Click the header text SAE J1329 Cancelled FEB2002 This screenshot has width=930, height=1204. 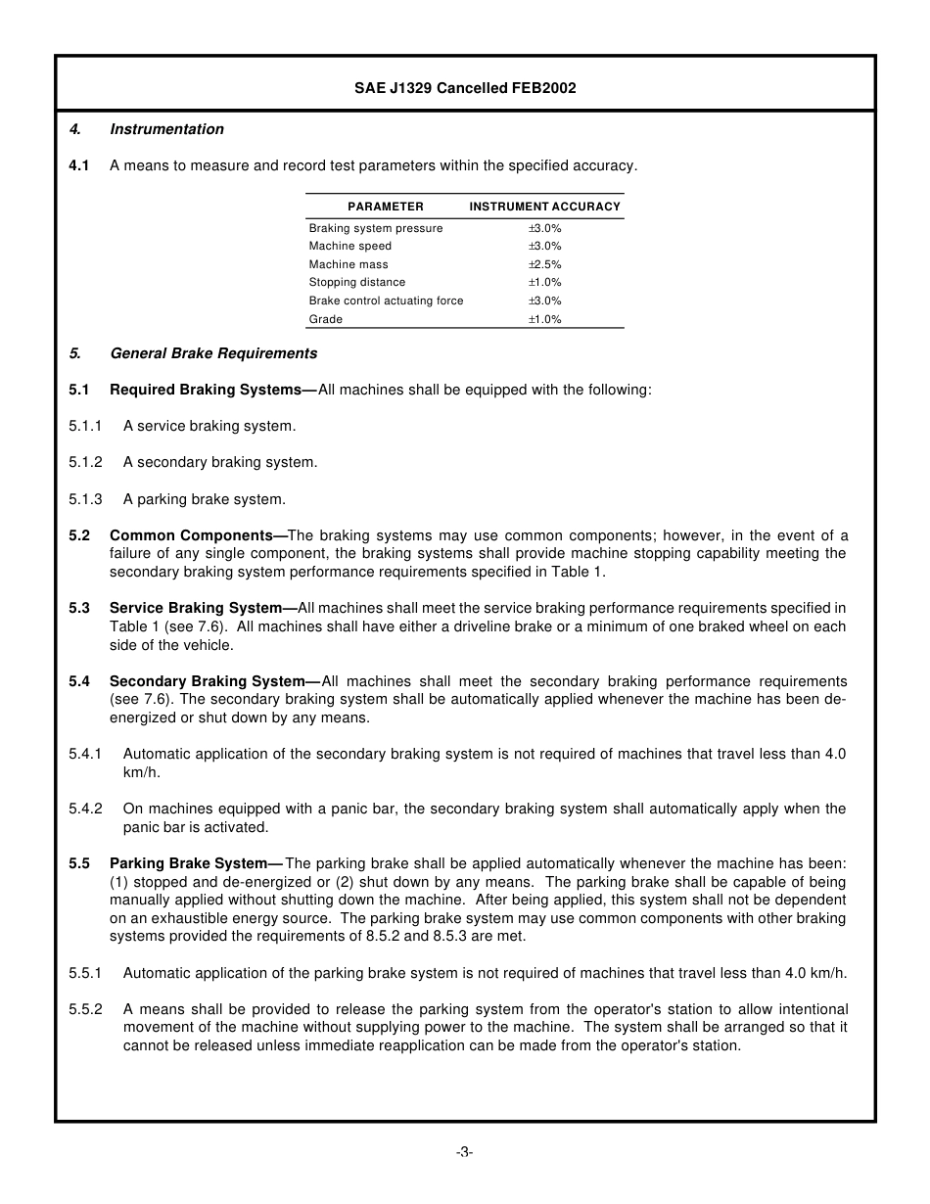(x=465, y=88)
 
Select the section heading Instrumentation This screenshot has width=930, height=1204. (x=166, y=129)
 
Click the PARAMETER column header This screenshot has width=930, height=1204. (x=386, y=207)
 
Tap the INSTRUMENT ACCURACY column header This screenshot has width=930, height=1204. (x=544, y=207)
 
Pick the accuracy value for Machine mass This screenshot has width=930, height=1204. (x=544, y=264)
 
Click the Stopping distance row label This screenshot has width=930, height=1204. (x=356, y=282)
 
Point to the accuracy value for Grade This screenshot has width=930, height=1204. (x=544, y=319)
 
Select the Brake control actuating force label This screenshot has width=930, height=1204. (x=386, y=301)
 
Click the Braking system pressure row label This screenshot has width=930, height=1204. (x=375, y=228)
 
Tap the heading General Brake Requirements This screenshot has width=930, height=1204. (x=213, y=353)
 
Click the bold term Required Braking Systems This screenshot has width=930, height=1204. (x=206, y=390)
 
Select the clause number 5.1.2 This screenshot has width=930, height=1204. (x=85, y=462)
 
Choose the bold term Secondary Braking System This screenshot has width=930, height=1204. (x=208, y=681)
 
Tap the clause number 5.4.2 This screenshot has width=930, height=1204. (x=85, y=809)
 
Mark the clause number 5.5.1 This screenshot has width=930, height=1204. (x=85, y=973)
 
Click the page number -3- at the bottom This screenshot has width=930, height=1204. (x=464, y=1152)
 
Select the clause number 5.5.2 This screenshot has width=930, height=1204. (x=85, y=1009)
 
